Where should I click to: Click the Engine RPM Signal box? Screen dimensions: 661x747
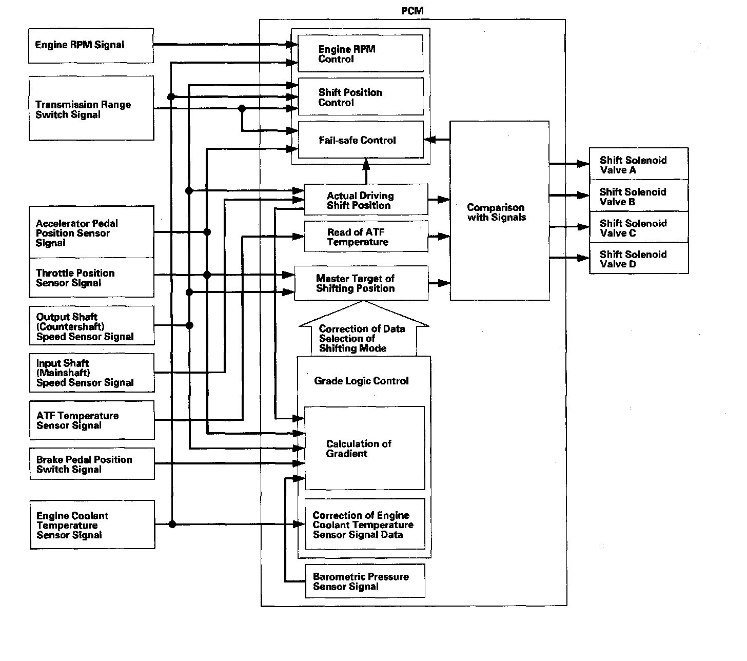91,46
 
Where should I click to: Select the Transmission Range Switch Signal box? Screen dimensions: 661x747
91,108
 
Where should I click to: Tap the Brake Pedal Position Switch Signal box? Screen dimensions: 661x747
92,464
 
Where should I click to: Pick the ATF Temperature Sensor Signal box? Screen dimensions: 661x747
92,420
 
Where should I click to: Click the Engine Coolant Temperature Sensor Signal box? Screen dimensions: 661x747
92,524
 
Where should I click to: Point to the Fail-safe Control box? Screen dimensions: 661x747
361,140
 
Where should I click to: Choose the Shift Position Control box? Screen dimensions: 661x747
361,97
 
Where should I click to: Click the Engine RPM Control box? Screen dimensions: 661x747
361,54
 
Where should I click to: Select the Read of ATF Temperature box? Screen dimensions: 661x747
366,237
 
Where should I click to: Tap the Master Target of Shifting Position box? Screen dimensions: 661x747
361,283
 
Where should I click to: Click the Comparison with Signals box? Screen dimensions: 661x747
499,211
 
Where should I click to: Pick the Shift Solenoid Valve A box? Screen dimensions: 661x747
639,165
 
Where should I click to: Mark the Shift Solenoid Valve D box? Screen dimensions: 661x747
639,259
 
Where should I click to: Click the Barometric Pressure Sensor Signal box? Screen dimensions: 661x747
365,581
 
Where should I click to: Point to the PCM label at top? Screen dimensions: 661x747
412,11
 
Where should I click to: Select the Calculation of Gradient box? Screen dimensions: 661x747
364,449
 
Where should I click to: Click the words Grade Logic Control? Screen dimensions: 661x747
361,381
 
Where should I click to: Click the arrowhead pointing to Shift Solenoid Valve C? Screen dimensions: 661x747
583,227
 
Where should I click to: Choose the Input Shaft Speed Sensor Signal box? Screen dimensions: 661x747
92,373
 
